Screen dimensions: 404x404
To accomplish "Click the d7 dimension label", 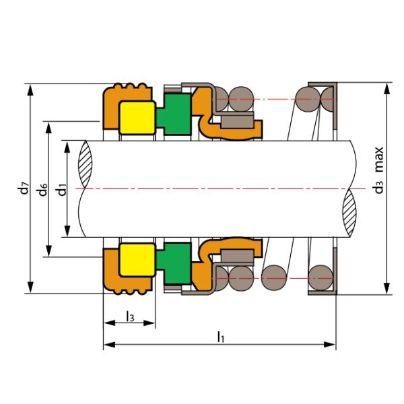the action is pyautogui.click(x=24, y=188).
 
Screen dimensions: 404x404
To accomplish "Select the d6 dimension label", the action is pyautogui.click(x=43, y=189).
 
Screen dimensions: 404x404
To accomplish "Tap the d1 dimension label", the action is pyautogui.click(x=62, y=189).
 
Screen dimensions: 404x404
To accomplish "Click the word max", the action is pyautogui.click(x=378, y=160).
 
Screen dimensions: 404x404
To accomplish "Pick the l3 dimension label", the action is pyautogui.click(x=130, y=316).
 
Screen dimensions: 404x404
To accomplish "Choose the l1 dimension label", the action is pyautogui.click(x=221, y=337).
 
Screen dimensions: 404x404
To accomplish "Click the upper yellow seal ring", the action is pyautogui.click(x=137, y=118).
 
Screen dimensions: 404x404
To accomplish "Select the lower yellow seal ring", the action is pyautogui.click(x=137, y=260).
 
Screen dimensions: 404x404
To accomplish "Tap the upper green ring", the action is pyautogui.click(x=174, y=114).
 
